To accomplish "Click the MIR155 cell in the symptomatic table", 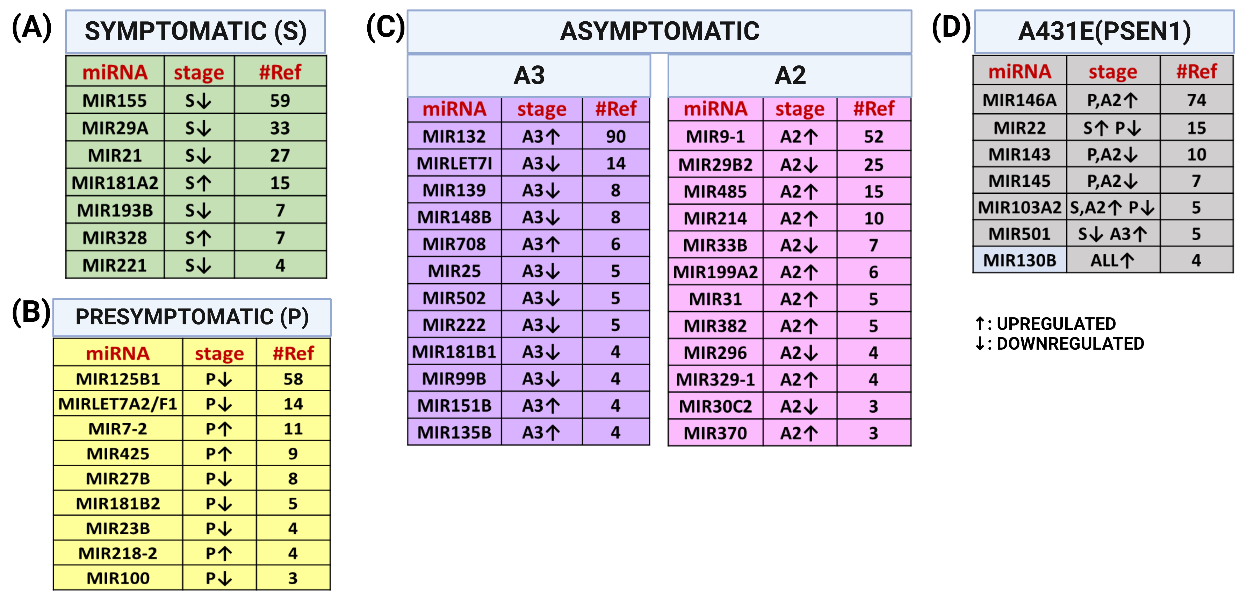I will tap(115, 101).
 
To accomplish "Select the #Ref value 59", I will tap(280, 101).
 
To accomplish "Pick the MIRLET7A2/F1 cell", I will tap(118, 404).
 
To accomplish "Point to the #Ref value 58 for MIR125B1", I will tap(293, 379).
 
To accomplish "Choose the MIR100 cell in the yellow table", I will tap(118, 578).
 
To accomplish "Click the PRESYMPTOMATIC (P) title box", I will tap(192, 317).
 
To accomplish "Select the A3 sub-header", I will tap(529, 76).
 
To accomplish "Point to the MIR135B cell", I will tap(454, 432).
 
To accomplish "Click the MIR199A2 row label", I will tap(715, 272).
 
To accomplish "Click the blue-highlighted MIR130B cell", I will tap(1019, 261).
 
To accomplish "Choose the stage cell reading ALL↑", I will tap(1112, 261).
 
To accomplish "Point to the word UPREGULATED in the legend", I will tap(1056, 323).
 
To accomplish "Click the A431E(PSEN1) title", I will tap(1104, 31).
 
